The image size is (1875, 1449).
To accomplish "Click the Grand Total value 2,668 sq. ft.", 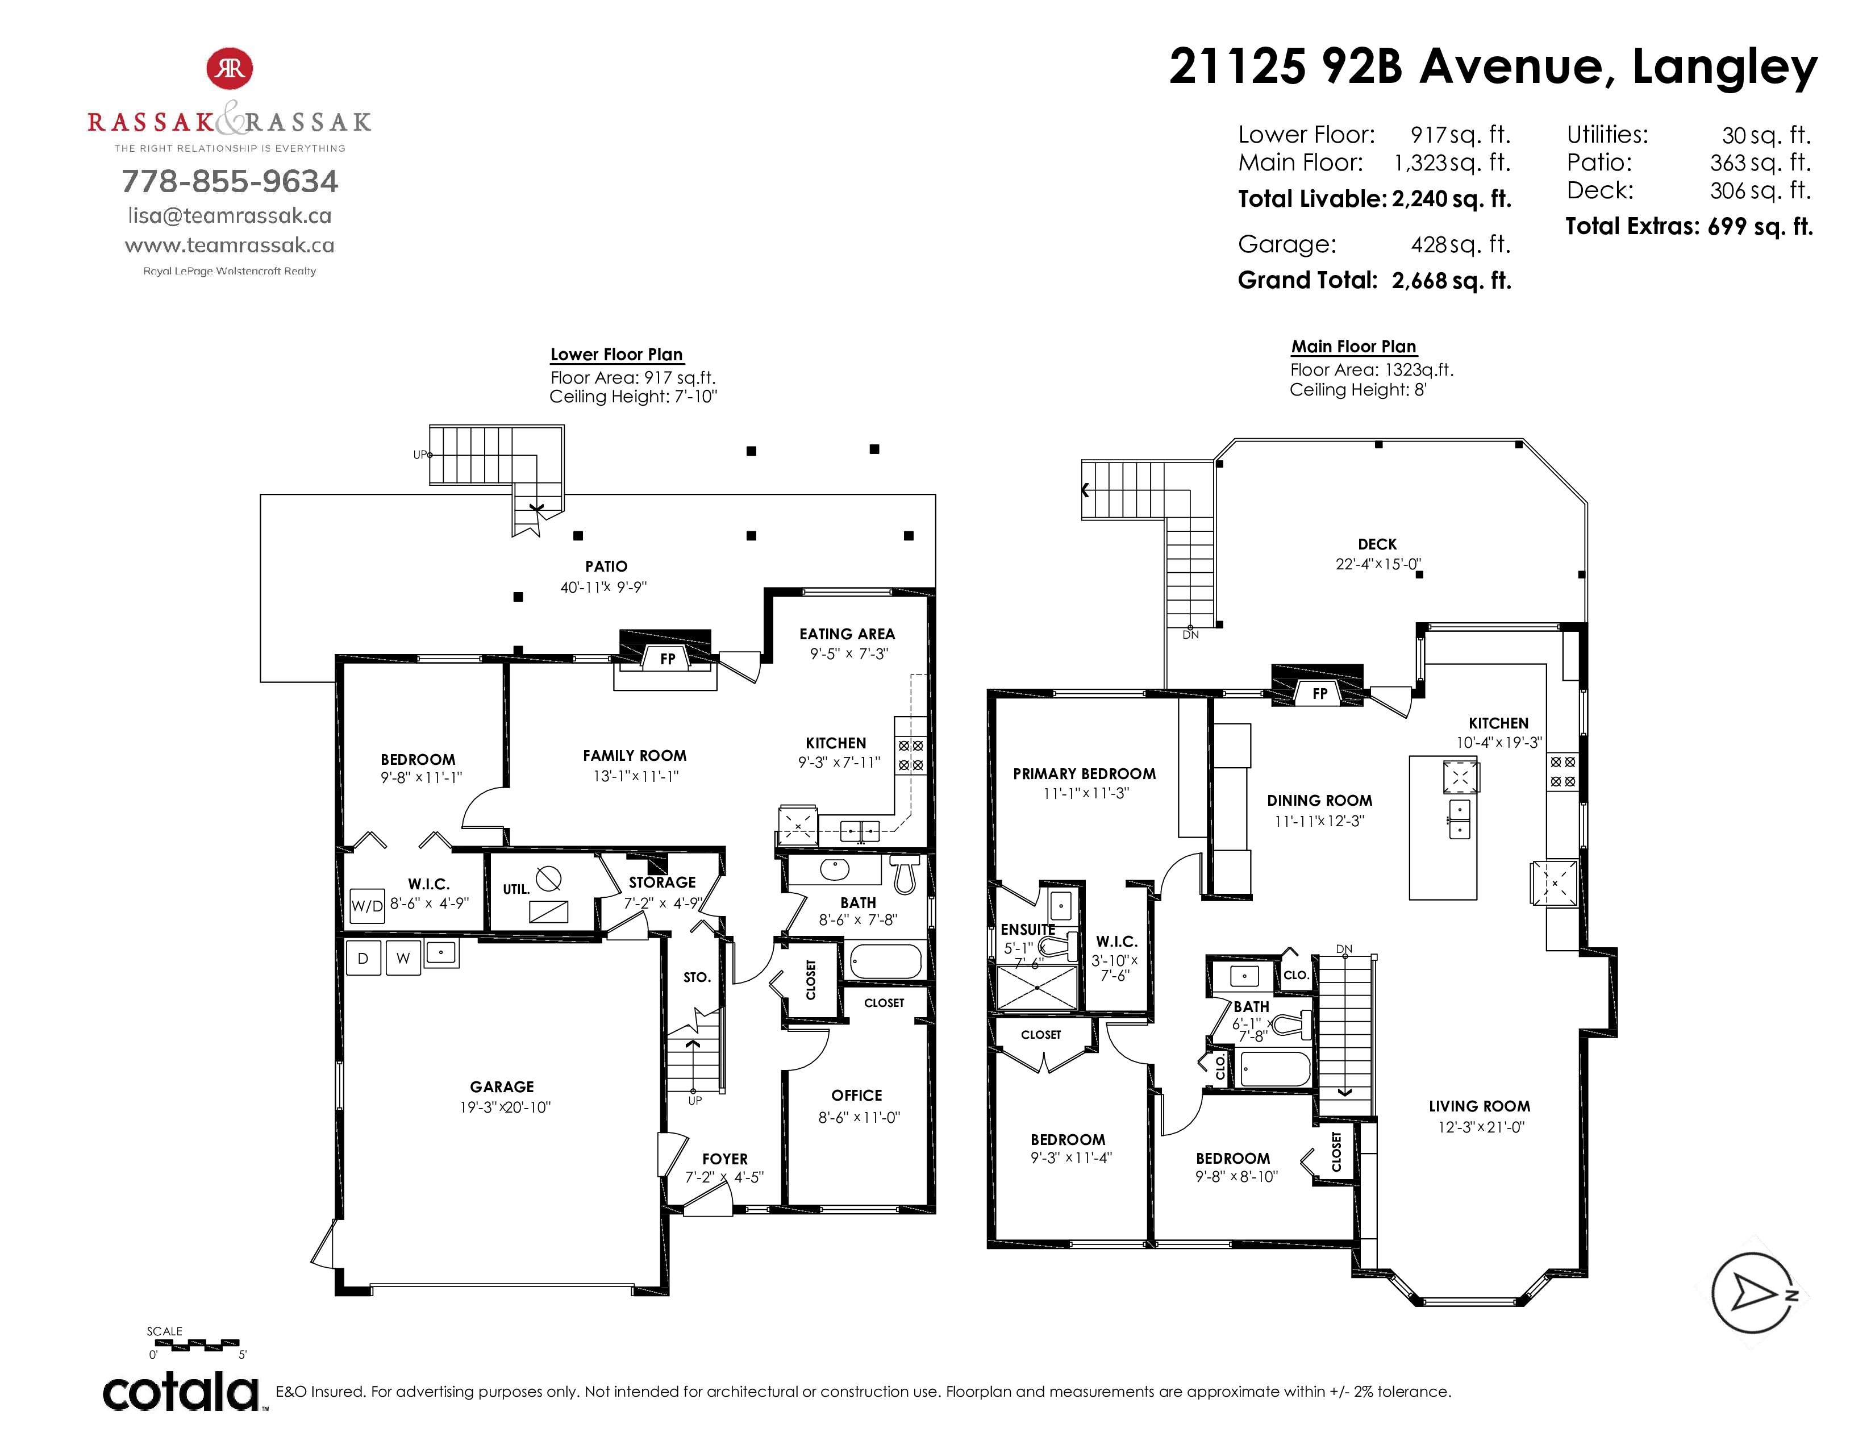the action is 1451,281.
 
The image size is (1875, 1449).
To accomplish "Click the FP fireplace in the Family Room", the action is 667,659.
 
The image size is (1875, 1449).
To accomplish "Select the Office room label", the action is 857,1096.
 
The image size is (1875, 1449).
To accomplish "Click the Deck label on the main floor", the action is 1377,544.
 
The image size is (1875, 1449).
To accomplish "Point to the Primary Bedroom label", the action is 1084,773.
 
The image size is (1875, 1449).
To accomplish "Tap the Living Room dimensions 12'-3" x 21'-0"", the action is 1480,1127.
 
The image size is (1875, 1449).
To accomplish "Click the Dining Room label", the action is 1319,800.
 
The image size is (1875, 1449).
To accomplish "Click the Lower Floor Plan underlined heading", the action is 616,355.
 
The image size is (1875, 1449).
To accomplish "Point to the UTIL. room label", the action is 516,889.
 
